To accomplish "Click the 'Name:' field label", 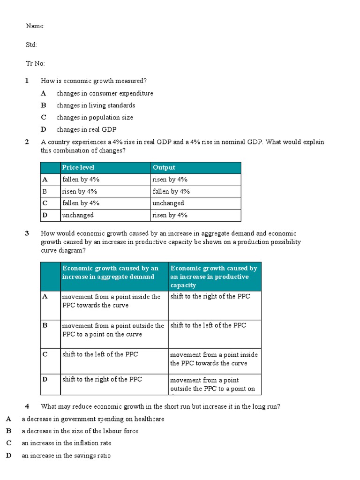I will point(35,26).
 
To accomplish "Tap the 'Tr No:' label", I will point(36,63).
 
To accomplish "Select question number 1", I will point(27,81).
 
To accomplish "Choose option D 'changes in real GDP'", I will point(86,129).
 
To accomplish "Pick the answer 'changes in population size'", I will point(95,117).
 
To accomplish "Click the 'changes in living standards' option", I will point(96,105).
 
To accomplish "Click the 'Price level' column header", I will point(78,167).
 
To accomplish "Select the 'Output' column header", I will point(164,167).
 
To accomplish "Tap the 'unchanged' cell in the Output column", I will point(168,203).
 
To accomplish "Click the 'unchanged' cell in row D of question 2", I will point(78,215).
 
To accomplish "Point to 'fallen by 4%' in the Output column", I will point(171,191).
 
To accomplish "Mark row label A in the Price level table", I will point(45,180).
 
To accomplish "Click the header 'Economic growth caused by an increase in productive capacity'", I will point(214,277).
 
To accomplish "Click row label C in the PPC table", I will point(45,354).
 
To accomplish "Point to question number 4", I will point(27,406).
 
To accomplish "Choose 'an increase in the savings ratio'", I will point(66,455).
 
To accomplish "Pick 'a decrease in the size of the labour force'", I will point(80,431).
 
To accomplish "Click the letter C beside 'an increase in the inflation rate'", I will point(8,443).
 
